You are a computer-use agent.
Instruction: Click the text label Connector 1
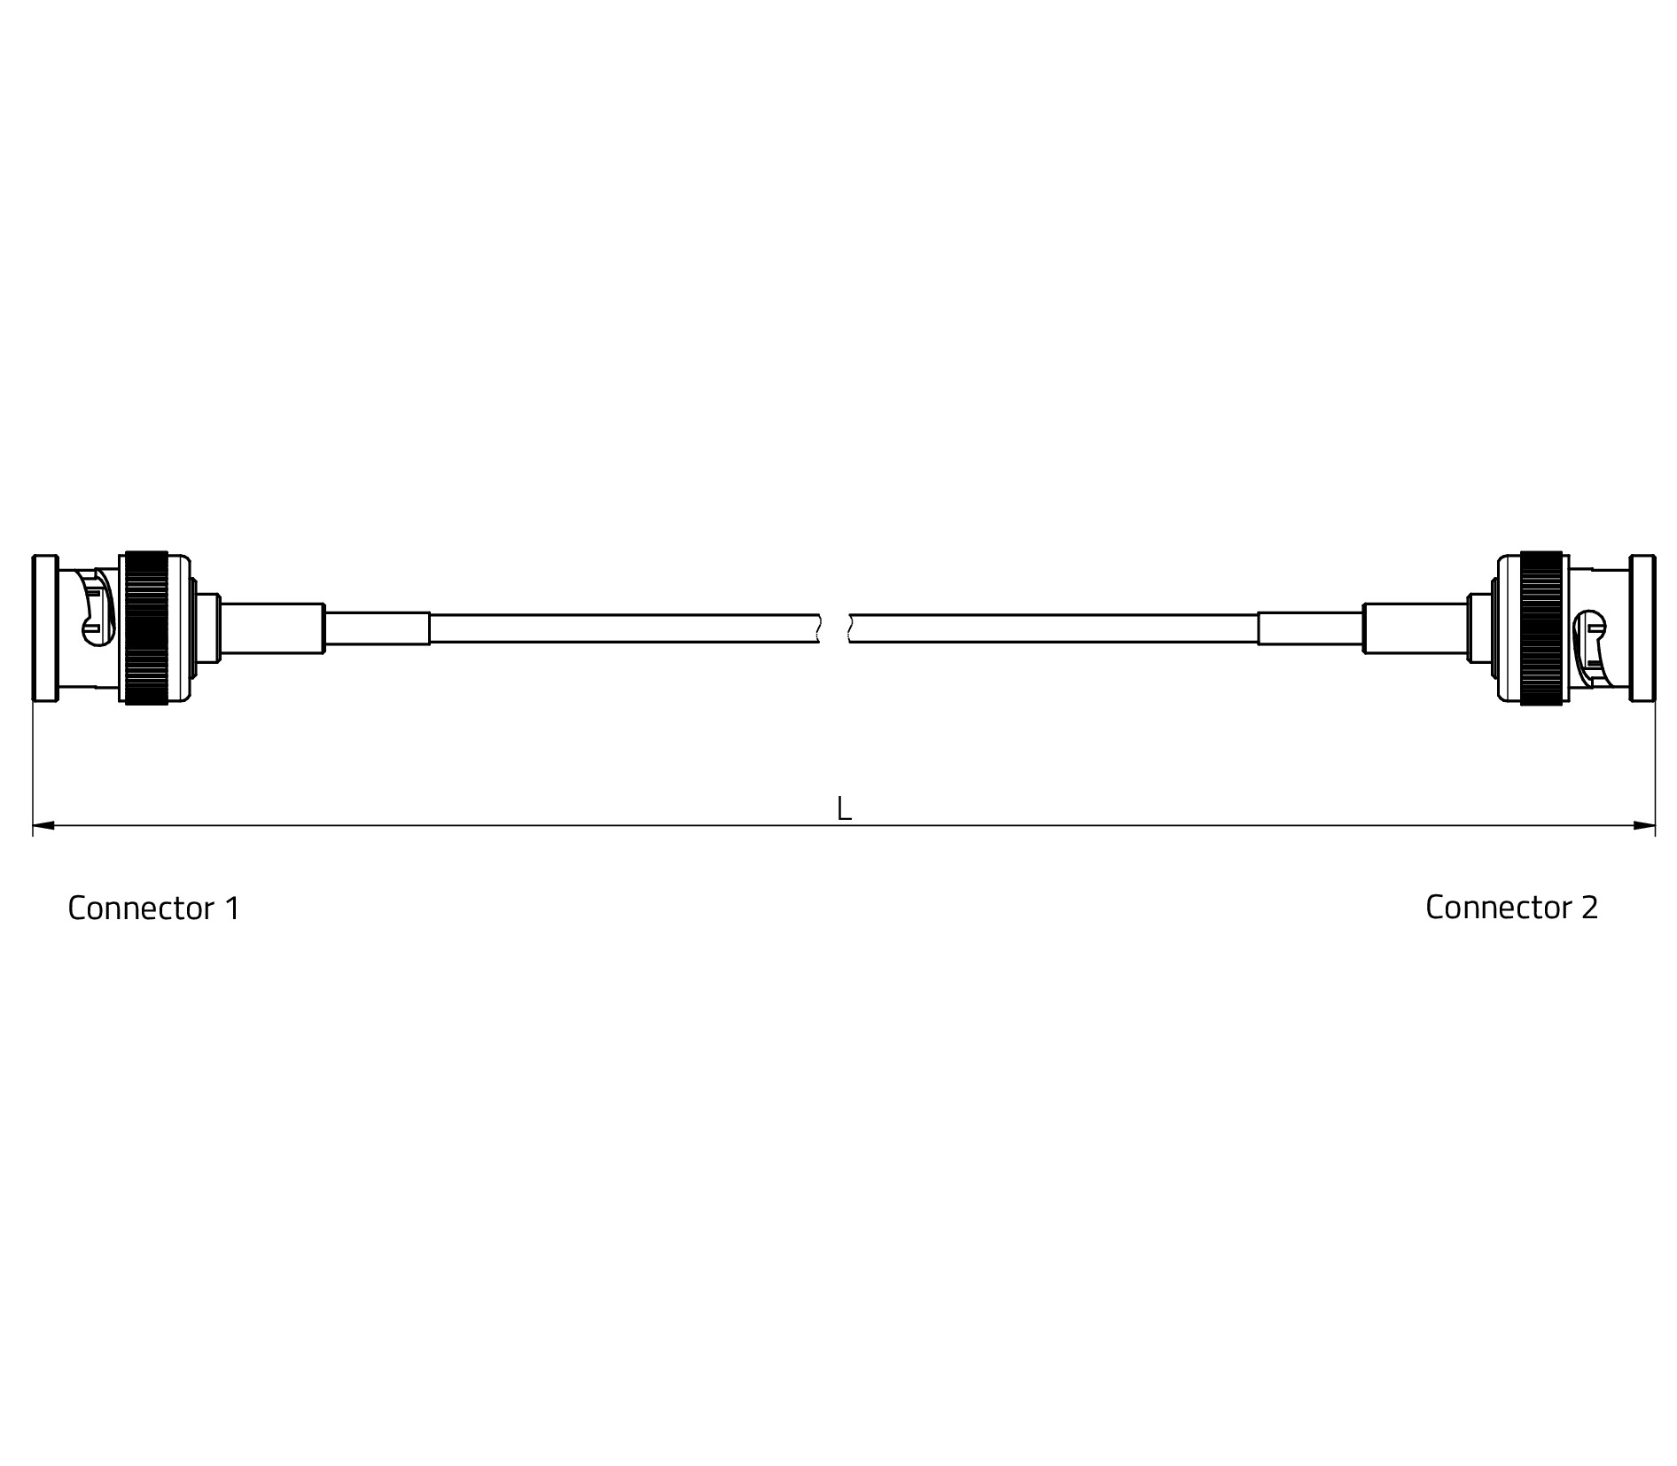(153, 908)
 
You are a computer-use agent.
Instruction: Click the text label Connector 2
(1511, 908)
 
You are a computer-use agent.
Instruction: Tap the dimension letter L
(844, 808)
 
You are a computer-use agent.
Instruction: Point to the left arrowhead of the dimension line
(43, 826)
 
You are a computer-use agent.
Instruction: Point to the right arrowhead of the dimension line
(1644, 826)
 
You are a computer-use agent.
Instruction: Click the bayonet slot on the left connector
(97, 607)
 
